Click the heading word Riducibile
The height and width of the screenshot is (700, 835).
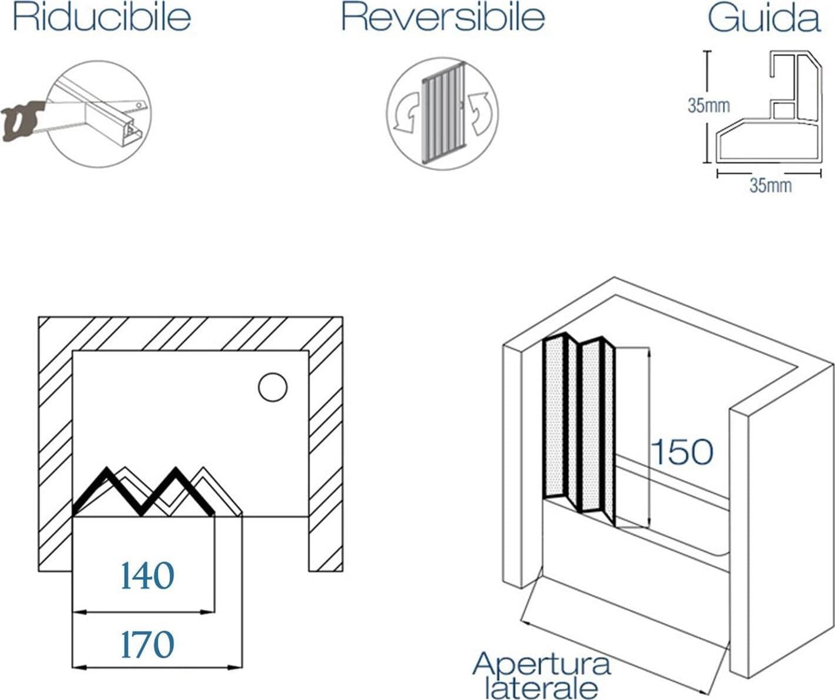(x=102, y=18)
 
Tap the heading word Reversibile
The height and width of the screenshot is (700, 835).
(x=443, y=18)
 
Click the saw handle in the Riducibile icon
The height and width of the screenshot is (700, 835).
(x=21, y=121)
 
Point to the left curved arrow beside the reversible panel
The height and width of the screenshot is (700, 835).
(x=407, y=112)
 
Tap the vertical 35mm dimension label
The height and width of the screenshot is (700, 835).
(x=708, y=105)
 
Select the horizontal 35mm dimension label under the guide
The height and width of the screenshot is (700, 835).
(x=771, y=186)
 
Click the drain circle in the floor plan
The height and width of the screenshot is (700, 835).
(x=273, y=387)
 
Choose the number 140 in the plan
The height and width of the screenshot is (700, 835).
(x=147, y=576)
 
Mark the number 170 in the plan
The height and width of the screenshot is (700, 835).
(x=147, y=645)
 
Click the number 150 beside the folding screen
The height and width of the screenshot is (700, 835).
(x=682, y=452)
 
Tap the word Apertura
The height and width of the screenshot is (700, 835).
(x=542, y=664)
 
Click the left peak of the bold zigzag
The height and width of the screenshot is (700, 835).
(x=107, y=468)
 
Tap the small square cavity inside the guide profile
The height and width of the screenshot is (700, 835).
(x=783, y=111)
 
